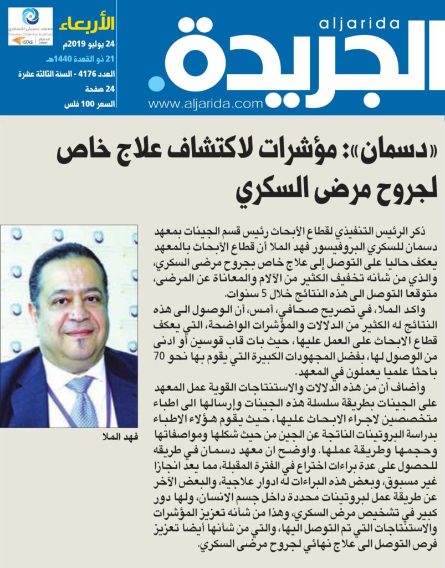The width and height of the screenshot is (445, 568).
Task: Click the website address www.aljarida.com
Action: coord(205,103)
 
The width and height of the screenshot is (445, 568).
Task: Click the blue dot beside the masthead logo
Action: coord(156,85)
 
